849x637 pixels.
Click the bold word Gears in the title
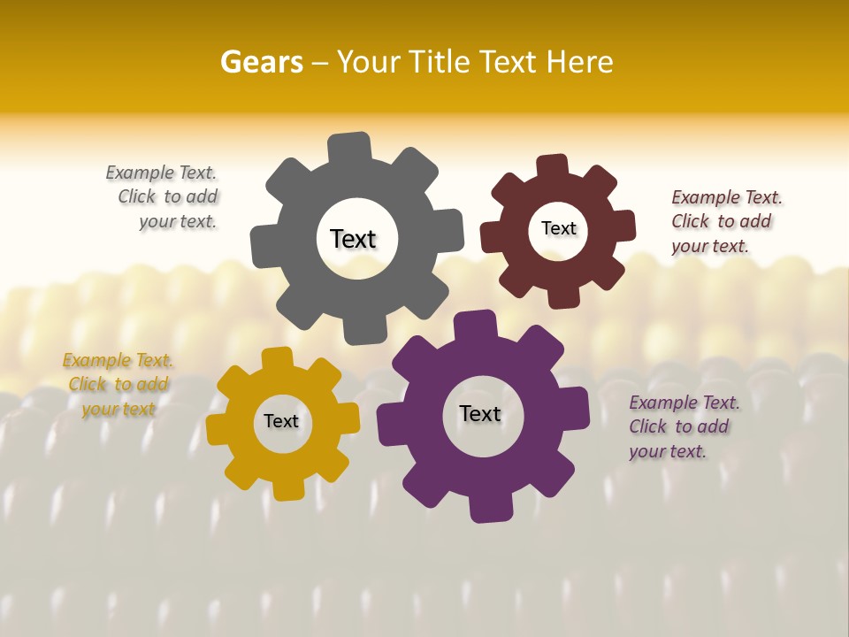(x=261, y=62)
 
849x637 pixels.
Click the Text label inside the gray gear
(x=353, y=239)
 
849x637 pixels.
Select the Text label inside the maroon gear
(x=558, y=228)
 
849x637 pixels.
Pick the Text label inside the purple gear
(x=480, y=413)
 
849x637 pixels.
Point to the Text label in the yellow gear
(x=281, y=421)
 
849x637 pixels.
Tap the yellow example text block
(x=119, y=385)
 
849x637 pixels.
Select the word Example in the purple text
(x=662, y=403)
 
